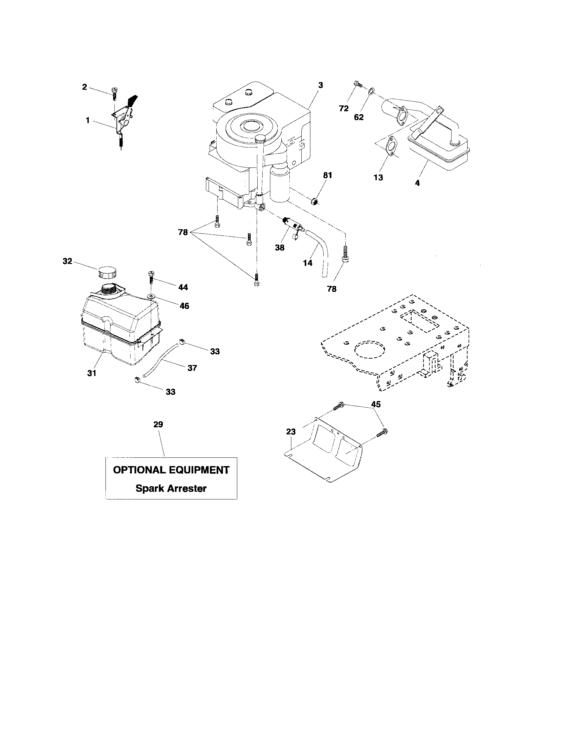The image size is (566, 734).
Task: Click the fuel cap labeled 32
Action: click(x=106, y=272)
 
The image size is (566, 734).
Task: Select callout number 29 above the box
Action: click(x=158, y=424)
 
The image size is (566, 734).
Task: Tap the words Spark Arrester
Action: click(x=171, y=488)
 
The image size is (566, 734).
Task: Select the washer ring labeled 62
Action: click(x=371, y=90)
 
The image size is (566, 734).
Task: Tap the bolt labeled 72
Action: click(x=358, y=84)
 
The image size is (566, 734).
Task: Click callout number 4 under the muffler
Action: click(x=417, y=183)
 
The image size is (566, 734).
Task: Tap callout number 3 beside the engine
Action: click(x=320, y=85)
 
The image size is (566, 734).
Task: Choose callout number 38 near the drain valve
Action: click(x=279, y=248)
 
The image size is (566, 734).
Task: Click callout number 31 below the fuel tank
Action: click(x=92, y=373)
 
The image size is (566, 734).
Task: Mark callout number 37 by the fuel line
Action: click(x=192, y=368)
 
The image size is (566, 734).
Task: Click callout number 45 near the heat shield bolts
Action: click(x=375, y=404)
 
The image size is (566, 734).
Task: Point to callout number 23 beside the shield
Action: click(x=291, y=431)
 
